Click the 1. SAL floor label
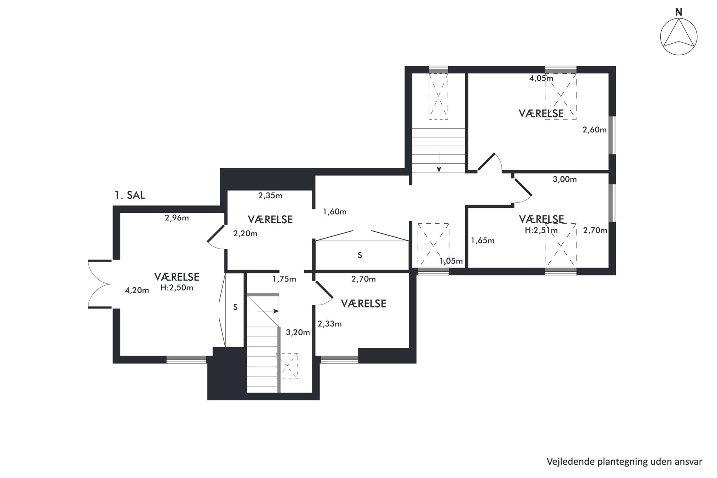coord(130,195)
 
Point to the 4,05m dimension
coord(541,78)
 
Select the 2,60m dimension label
coord(594,130)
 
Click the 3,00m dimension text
coord(565,179)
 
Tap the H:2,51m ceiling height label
coord(541,230)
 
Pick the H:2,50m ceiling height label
coord(177,288)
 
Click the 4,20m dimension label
coord(137,290)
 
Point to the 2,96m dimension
coord(177,218)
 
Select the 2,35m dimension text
coord(270,196)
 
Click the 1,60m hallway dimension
coord(335,212)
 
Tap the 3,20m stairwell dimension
coord(298,332)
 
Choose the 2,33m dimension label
coord(330,324)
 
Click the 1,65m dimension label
coord(483,241)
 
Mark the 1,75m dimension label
coord(284,279)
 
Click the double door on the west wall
coord(100,284)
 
